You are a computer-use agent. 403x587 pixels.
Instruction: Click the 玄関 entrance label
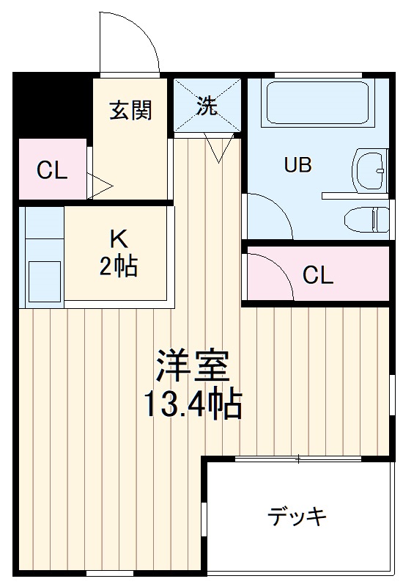(131, 110)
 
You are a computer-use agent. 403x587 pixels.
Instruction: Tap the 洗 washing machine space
(207, 105)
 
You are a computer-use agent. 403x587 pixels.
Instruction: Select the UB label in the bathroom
(297, 164)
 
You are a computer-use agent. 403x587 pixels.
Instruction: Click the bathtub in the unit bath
(317, 103)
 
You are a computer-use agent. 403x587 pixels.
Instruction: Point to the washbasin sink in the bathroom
(369, 170)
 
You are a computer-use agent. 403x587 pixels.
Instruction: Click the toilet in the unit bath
(366, 220)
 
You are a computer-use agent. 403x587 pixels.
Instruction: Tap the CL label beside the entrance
(52, 170)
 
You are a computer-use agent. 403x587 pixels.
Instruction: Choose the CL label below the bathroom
(317, 276)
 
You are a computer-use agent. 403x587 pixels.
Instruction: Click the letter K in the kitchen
(119, 239)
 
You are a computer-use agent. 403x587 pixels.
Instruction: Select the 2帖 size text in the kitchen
(119, 266)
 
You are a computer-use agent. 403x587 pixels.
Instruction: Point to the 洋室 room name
(193, 365)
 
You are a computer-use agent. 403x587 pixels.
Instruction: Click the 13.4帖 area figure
(193, 404)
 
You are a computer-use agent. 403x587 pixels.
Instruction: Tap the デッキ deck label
(297, 517)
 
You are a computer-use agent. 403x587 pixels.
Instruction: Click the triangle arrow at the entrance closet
(100, 186)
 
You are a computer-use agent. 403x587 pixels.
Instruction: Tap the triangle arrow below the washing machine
(218, 147)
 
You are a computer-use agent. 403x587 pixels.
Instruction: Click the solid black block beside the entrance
(52, 105)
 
